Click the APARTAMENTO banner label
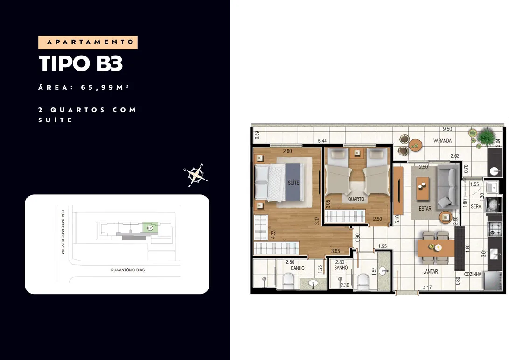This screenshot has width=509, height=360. (x=88, y=42)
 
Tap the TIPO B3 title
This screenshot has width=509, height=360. (x=81, y=64)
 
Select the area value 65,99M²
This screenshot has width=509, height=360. (x=105, y=87)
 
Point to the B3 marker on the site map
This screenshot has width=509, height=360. (x=150, y=228)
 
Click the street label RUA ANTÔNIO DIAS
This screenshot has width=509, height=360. (x=128, y=270)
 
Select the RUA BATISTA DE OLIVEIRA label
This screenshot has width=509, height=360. (x=63, y=232)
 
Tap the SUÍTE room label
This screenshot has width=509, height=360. (x=293, y=183)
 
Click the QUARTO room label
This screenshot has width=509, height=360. (x=356, y=199)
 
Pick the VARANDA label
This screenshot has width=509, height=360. (x=442, y=141)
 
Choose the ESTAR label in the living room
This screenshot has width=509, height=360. (x=425, y=209)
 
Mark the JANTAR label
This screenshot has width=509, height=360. (x=431, y=272)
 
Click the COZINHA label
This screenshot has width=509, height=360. (x=473, y=274)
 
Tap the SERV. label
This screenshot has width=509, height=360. (x=476, y=206)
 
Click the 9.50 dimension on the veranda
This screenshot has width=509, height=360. (x=447, y=129)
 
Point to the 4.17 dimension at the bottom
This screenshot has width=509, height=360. (x=427, y=288)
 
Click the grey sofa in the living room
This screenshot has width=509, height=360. (x=447, y=187)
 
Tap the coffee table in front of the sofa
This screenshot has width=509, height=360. (x=423, y=188)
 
